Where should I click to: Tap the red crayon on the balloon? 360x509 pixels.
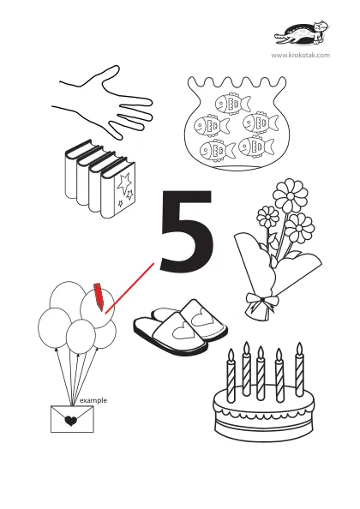tap(99, 296)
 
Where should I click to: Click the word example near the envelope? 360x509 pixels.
tap(93, 400)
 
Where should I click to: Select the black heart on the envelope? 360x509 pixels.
tap(71, 421)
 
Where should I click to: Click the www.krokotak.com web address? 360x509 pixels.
tap(301, 55)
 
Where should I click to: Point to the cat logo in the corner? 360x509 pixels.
tap(302, 33)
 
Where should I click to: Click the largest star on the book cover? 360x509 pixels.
tap(124, 183)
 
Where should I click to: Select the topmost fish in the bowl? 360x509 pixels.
tap(233, 104)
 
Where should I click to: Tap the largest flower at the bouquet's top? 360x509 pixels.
tap(291, 195)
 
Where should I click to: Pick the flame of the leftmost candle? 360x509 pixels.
tap(231, 355)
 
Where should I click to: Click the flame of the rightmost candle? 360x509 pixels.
tap(299, 349)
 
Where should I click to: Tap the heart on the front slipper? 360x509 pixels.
tap(184, 332)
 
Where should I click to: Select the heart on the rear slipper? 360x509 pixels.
tap(201, 315)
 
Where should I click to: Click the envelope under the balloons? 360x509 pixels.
tap(72, 419)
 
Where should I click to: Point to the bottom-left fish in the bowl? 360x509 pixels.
tap(218, 150)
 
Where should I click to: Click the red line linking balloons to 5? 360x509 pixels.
tap(129, 288)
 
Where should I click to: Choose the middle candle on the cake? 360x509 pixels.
tap(261, 374)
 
